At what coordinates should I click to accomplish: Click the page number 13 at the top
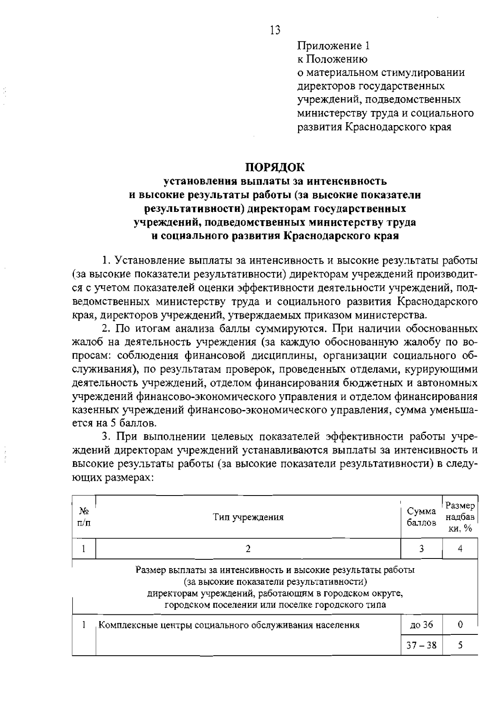[275, 30]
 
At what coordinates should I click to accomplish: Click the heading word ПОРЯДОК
[275, 167]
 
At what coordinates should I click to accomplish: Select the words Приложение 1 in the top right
[334, 45]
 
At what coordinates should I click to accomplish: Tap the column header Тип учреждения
[248, 518]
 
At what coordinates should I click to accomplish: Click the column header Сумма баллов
[421, 517]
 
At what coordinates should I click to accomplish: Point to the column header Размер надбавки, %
[460, 517]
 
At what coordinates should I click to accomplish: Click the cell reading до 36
[422, 625]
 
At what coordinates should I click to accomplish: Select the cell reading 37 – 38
[422, 645]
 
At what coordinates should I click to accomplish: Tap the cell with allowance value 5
[460, 645]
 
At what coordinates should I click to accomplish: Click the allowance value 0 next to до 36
[460, 625]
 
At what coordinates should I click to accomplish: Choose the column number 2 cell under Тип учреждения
[248, 549]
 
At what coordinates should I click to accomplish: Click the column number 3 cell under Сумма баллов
[422, 549]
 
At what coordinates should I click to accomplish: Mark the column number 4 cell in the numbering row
[460, 549]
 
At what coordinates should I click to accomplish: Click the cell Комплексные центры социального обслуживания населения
[230, 625]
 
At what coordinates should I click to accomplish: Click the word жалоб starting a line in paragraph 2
[86, 342]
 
